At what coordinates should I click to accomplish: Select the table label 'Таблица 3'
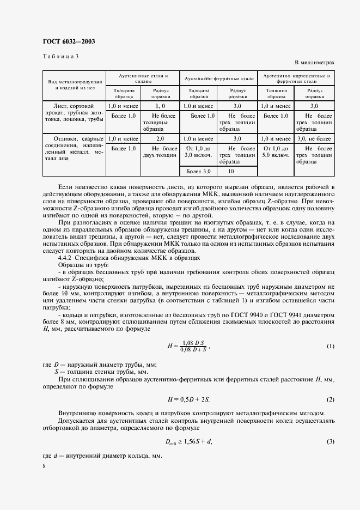tap(60, 56)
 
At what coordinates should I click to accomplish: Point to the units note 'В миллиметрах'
tap(314, 63)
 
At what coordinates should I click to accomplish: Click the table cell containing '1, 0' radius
tap(160, 106)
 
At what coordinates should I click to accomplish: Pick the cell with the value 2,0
tap(160, 139)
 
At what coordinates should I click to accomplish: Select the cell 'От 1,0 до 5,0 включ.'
tap(276, 151)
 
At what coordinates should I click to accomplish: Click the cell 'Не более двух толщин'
tap(160, 151)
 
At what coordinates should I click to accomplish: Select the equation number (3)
tap(330, 441)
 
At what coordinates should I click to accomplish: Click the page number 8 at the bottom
tap(44, 466)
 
